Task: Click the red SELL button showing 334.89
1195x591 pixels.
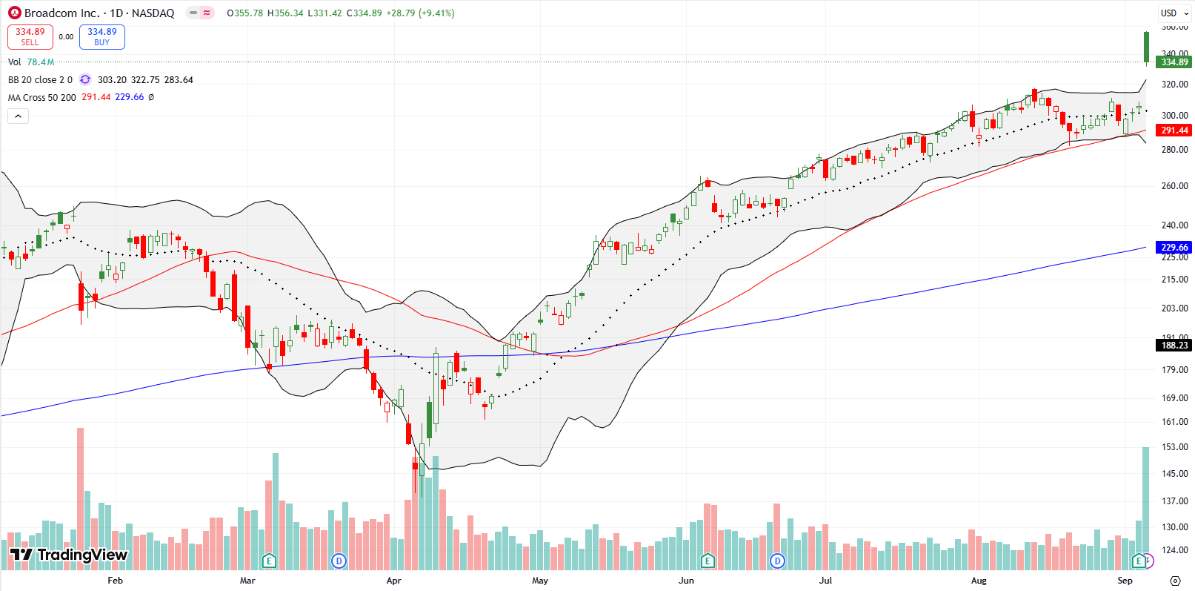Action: tap(30, 37)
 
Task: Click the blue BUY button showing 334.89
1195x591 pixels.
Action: tap(101, 37)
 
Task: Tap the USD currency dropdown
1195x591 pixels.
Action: tap(1174, 13)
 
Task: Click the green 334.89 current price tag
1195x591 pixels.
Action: tap(1174, 62)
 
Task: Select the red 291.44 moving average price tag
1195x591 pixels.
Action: tap(1174, 131)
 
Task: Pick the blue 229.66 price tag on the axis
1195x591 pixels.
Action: tap(1174, 248)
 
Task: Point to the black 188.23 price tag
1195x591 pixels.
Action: tap(1174, 346)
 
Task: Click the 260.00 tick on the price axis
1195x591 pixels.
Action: tap(1174, 186)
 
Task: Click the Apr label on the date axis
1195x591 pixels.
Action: tap(393, 581)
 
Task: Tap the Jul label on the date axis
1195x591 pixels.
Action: tap(825, 581)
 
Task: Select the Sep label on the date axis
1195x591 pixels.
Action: tap(1125, 581)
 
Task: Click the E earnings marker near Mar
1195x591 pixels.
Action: tap(269, 561)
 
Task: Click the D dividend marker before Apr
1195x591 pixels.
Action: tap(339, 561)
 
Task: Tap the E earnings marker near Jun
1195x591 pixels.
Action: tap(708, 561)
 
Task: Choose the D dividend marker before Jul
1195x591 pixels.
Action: tap(777, 561)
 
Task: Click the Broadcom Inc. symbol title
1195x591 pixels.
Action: tap(61, 13)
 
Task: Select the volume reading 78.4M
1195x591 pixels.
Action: tap(41, 62)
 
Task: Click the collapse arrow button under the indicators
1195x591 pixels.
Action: tap(18, 116)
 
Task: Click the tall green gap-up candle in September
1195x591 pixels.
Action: tap(1146, 47)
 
